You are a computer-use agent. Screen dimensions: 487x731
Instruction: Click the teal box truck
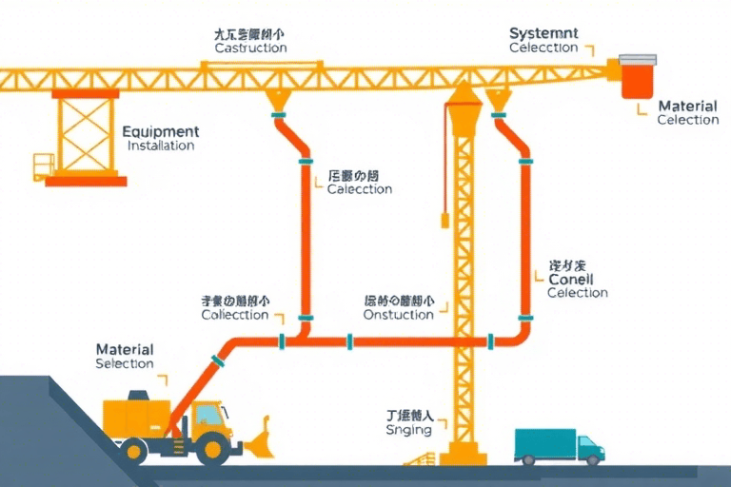click(558, 444)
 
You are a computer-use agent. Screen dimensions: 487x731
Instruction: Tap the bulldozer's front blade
click(259, 438)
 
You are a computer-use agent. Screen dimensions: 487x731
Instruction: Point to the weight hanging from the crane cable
click(444, 221)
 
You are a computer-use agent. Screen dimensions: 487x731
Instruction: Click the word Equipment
click(161, 132)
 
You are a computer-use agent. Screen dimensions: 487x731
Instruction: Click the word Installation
click(161, 146)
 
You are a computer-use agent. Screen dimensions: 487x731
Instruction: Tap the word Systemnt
click(543, 33)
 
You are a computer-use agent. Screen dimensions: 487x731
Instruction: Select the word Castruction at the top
click(250, 48)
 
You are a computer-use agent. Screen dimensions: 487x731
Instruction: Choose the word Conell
click(571, 280)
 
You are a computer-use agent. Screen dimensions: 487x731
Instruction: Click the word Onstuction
click(399, 315)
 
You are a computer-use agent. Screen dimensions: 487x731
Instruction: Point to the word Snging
click(409, 430)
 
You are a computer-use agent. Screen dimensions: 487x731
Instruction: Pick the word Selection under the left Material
click(125, 364)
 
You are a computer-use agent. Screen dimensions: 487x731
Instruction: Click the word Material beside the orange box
click(687, 107)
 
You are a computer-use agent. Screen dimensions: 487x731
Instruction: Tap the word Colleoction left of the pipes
click(235, 315)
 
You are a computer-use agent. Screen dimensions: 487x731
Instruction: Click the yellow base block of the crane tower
click(464, 455)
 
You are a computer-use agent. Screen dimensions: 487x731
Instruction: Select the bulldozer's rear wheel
click(137, 449)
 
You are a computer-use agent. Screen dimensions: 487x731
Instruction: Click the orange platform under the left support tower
click(86, 180)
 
